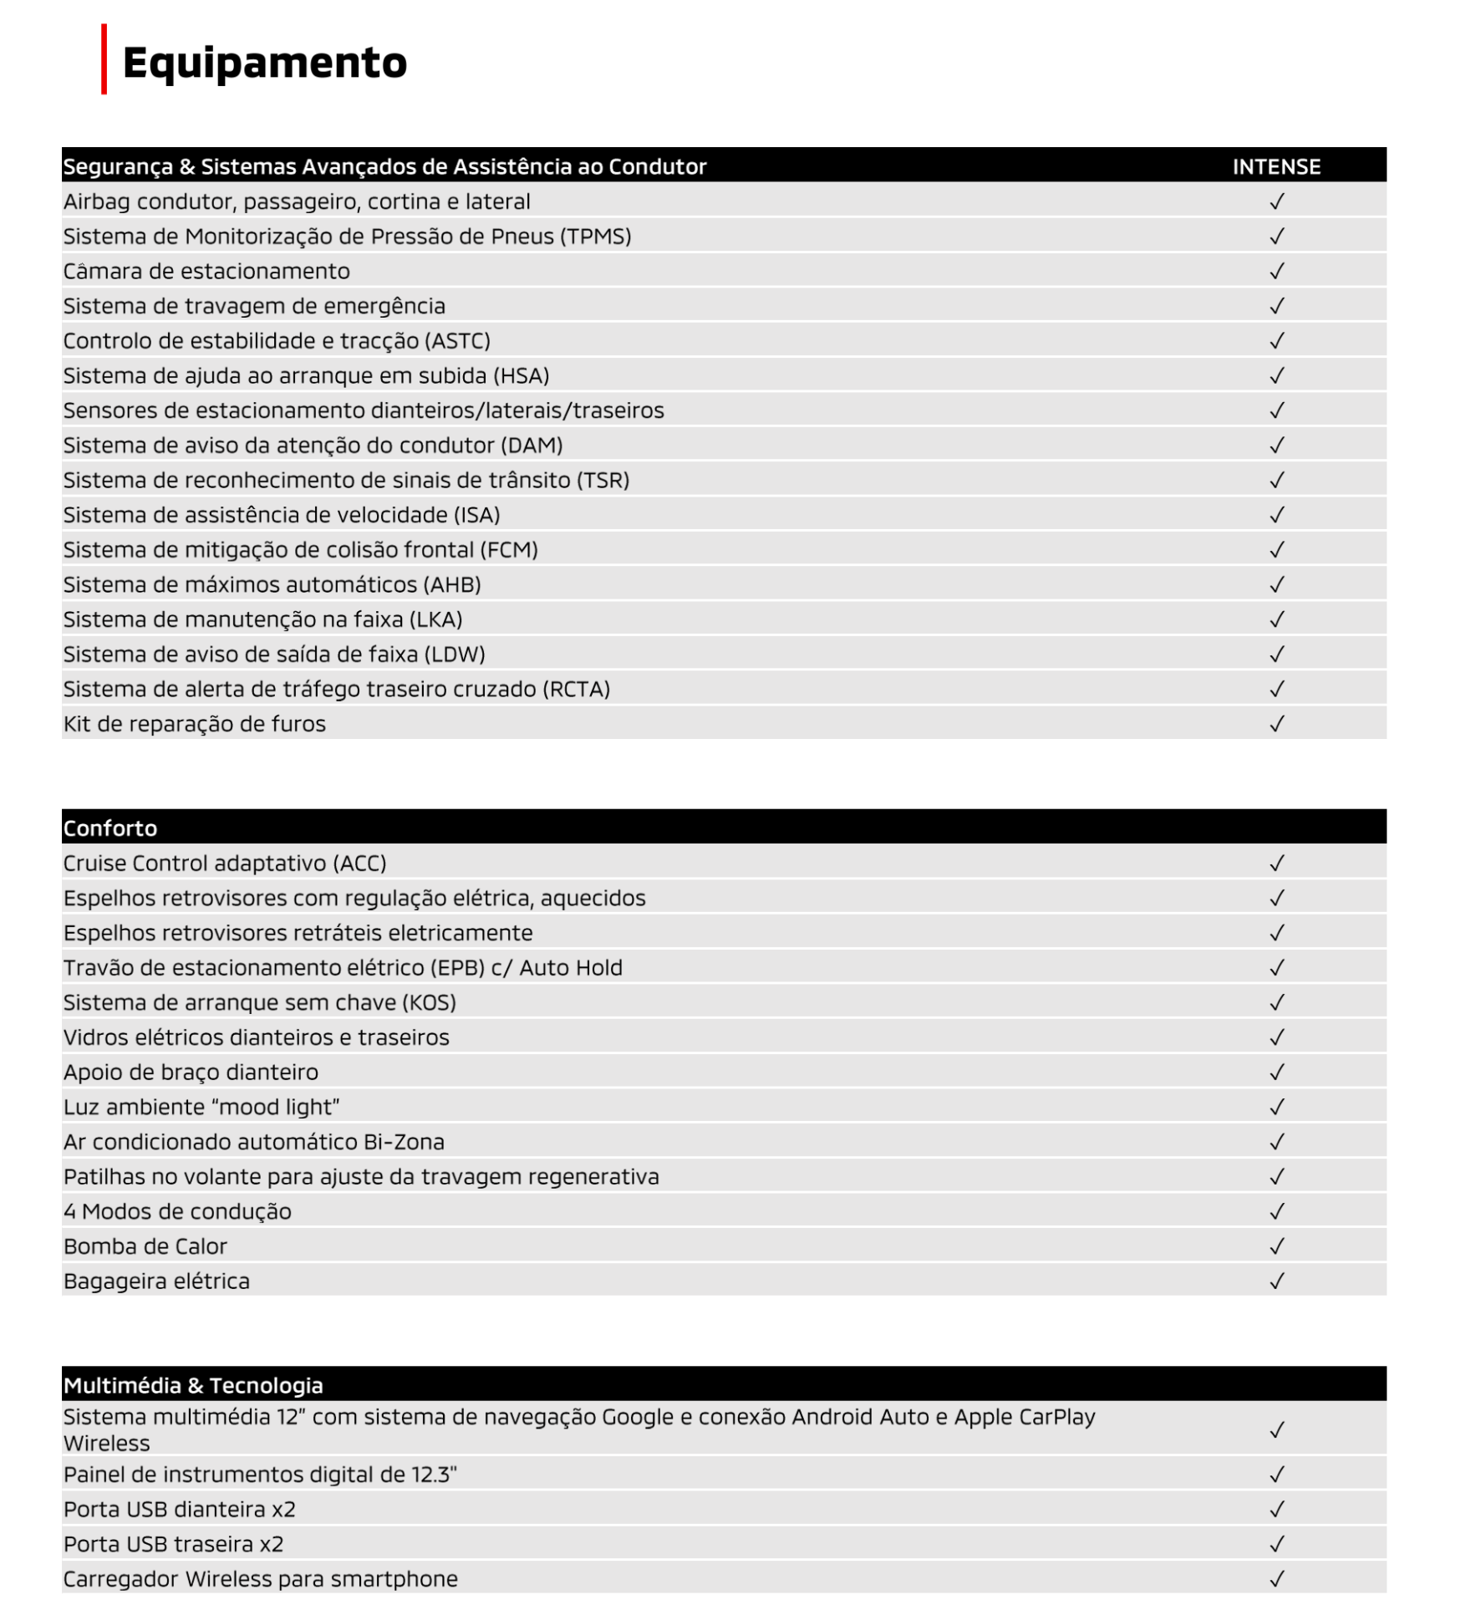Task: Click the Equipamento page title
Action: (264, 63)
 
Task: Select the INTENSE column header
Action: (1275, 166)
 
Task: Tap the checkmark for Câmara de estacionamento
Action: (1276, 272)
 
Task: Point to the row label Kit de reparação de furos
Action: (195, 724)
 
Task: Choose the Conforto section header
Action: (110, 828)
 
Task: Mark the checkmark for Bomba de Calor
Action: (1276, 1246)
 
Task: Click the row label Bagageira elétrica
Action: (156, 1281)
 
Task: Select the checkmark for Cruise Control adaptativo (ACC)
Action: (1276, 864)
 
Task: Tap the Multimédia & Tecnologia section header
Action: (193, 1386)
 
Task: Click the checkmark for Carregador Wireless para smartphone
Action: (1276, 1579)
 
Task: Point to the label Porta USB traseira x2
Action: (174, 1544)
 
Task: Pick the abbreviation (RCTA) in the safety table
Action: (577, 689)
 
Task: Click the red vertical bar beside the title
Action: (104, 59)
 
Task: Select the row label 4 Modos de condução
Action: (177, 1211)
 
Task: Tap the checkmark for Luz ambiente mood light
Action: (1276, 1108)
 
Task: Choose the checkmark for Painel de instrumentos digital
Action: (1276, 1475)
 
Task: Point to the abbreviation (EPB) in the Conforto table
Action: (457, 968)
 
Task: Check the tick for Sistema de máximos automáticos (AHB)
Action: (1276, 585)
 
